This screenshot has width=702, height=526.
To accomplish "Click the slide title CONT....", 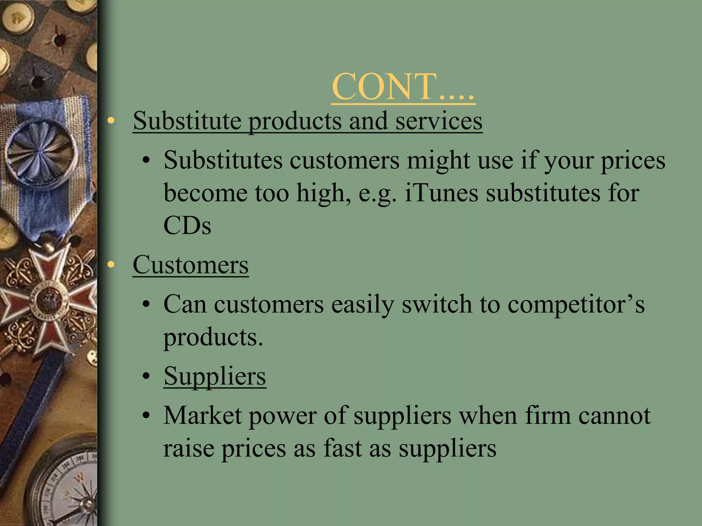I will coord(403,87).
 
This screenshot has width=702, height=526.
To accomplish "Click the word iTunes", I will coord(441,193).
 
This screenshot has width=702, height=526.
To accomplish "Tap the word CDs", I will coord(187,226).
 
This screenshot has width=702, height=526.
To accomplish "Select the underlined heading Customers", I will coord(191,265).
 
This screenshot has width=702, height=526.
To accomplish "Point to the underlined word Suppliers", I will coord(215,376).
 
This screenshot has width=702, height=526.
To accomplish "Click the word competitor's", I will coord(576,304).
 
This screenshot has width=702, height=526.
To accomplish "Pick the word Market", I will coord(202,416).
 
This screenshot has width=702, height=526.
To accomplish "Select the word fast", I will coord(342,448).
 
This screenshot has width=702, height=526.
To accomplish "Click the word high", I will coord(323,193).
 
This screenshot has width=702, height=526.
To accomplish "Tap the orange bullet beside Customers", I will coord(110,265).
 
